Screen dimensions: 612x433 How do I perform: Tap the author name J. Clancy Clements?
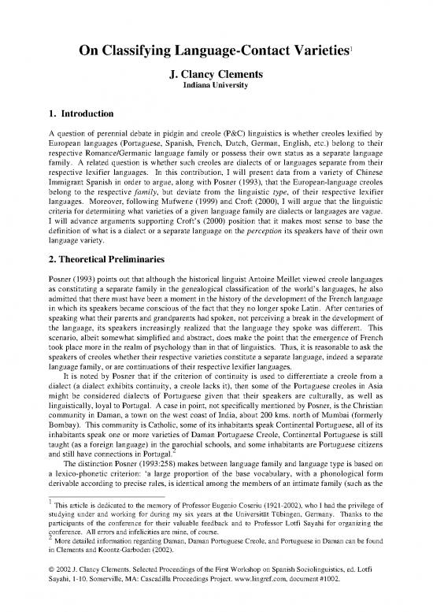click(x=216, y=76)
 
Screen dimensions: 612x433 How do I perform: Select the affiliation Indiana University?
click(x=216, y=88)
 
